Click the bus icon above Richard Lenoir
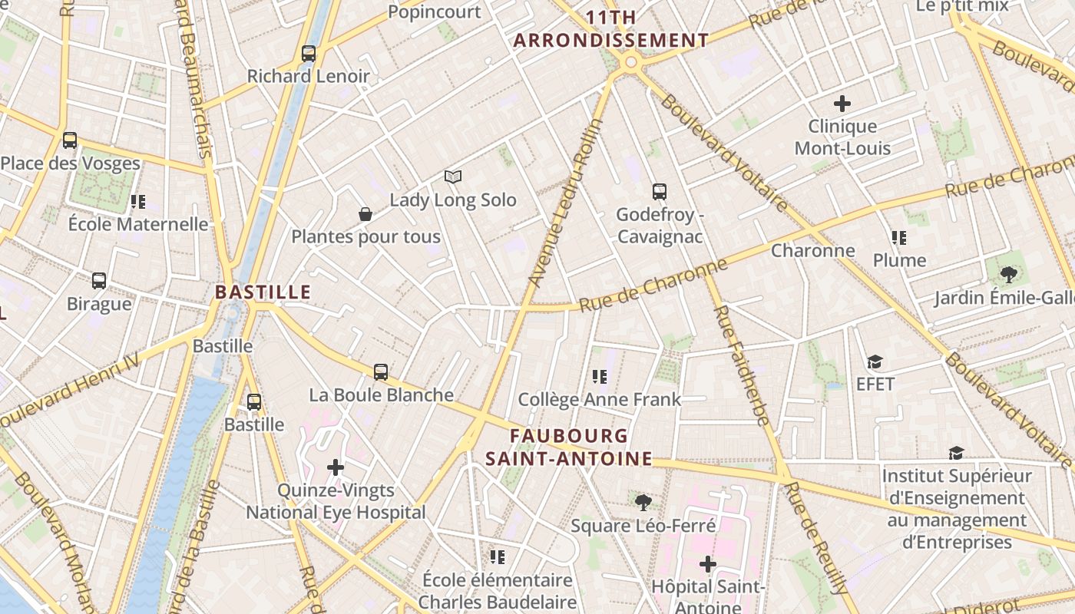pos(309,54)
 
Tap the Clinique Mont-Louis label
pos(842,137)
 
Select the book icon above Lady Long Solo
pos(453,177)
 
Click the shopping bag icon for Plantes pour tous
pos(365,214)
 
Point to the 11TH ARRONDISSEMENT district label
pos(611,29)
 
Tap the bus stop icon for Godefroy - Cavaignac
pos(660,192)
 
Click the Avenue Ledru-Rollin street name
pos(567,203)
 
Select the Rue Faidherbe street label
pos(742,365)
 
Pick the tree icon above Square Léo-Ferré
pos(643,503)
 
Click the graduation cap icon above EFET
pos(875,361)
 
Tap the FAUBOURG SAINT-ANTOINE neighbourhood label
pos(569,447)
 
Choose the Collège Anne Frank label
pos(599,399)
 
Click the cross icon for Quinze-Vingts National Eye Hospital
pos(336,467)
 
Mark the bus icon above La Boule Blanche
pos(381,372)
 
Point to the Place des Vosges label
pos(70,163)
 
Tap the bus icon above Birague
pos(99,281)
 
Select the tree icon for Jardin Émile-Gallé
pos(1008,274)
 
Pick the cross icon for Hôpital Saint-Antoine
pos(707,565)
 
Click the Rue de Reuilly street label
pos(817,537)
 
